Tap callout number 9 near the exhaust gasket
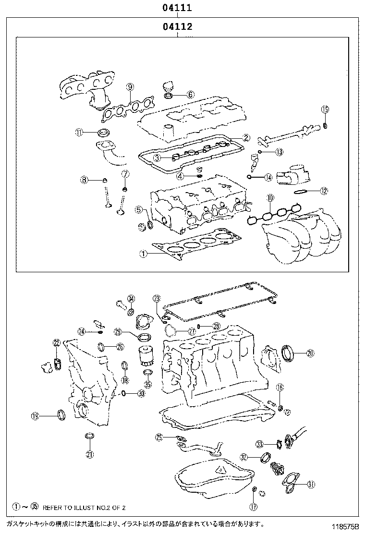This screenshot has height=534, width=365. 130,87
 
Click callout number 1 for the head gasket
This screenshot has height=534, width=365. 142,255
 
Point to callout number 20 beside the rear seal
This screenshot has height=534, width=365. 310,353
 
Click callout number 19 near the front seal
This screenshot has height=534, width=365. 35,416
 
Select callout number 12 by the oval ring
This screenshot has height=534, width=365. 324,191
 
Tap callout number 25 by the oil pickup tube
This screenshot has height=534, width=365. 159,437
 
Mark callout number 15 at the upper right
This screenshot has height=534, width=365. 325,109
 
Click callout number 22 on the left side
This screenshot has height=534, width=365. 56,342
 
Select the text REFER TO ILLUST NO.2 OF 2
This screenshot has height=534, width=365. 84,507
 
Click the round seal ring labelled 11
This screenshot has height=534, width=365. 103,133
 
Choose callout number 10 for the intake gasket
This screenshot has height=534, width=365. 270,197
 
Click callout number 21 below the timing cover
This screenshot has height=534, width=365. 90,454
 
